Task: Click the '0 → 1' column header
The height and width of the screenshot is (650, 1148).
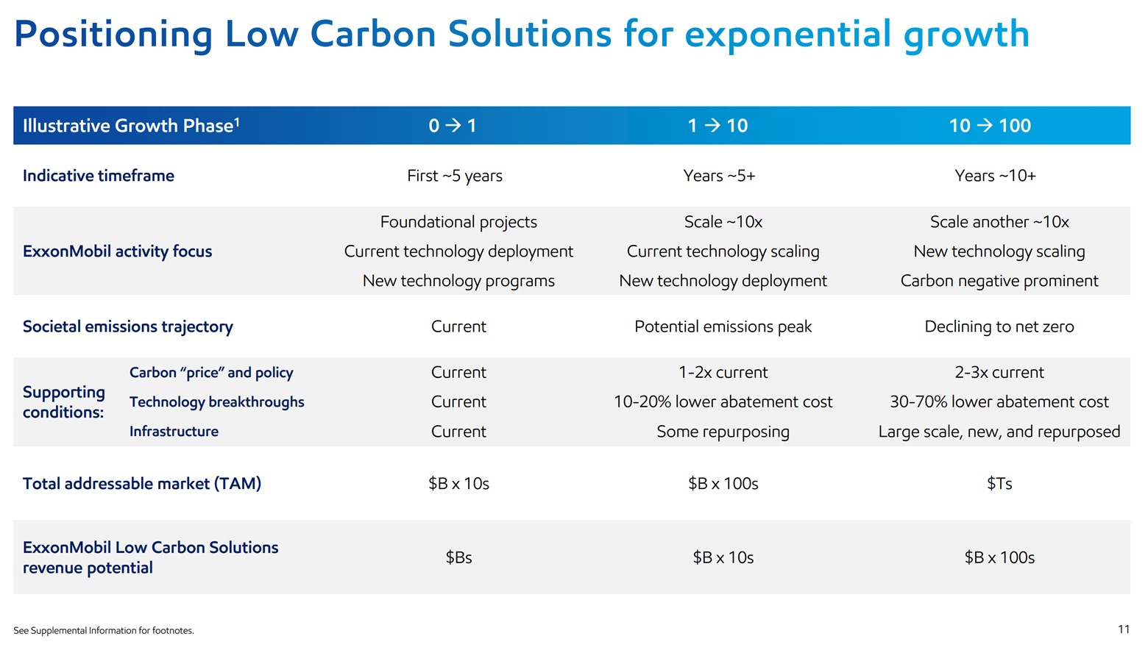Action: [453, 126]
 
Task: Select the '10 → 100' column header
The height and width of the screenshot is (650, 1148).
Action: [990, 126]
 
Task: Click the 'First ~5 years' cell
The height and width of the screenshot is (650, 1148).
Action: [455, 176]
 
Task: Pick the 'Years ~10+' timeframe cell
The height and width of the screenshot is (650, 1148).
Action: [995, 176]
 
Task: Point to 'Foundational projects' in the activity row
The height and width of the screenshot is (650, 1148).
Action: [458, 222]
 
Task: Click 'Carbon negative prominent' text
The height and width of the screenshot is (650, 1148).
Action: [999, 281]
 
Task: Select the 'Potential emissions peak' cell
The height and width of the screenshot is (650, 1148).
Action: [723, 326]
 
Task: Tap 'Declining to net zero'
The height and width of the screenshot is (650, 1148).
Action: [999, 326]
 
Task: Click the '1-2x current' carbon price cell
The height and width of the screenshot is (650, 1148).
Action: [723, 373]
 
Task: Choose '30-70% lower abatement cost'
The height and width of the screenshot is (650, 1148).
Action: [999, 402]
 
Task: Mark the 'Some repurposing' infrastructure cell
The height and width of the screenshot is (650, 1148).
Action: [723, 432]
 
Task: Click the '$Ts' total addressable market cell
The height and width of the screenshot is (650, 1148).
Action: [999, 484]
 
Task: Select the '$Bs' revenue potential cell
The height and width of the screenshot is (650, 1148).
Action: [458, 557]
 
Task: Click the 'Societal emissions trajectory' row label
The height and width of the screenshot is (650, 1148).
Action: [128, 326]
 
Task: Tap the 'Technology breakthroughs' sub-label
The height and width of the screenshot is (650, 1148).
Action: [216, 402]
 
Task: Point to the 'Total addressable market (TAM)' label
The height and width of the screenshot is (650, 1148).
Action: [142, 484]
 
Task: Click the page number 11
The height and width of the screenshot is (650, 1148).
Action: [1123, 629]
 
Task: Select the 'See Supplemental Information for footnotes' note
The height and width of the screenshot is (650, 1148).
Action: [104, 631]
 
